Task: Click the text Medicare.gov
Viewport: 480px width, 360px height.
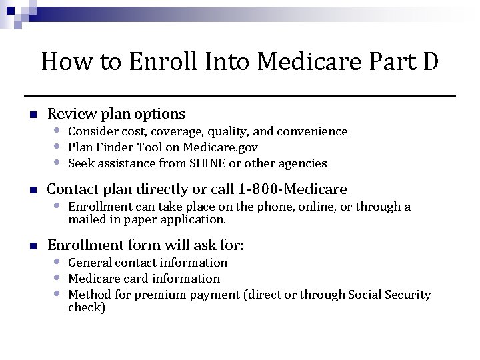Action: (223, 147)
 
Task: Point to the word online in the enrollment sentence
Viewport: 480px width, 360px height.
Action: (299, 207)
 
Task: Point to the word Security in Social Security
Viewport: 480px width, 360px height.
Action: (407, 295)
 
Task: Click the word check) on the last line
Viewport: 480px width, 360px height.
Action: (87, 307)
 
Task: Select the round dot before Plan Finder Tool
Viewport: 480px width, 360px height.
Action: (59, 146)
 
